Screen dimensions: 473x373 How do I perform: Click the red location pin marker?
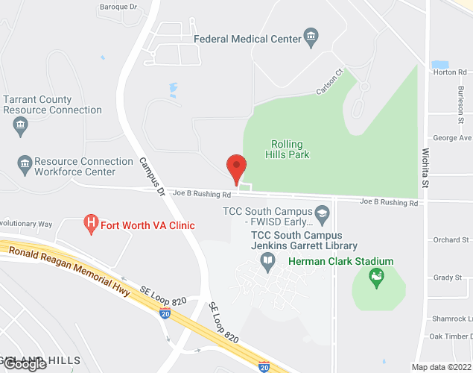237,168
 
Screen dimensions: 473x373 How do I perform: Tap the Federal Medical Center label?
247,38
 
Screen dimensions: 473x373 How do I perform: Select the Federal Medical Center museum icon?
311,37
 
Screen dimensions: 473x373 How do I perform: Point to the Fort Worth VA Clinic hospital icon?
91,223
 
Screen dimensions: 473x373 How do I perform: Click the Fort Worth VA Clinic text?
147,225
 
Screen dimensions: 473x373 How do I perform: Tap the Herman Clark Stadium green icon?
378,279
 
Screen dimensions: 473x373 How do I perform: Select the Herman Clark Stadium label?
340,261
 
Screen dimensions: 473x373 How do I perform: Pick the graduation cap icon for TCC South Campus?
323,213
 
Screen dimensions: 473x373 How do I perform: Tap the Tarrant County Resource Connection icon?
20,126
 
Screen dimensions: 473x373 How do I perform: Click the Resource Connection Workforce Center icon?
25,163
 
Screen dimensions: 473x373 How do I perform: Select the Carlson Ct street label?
328,81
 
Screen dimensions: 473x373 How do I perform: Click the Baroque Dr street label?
118,7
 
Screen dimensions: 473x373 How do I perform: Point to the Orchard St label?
451,240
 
